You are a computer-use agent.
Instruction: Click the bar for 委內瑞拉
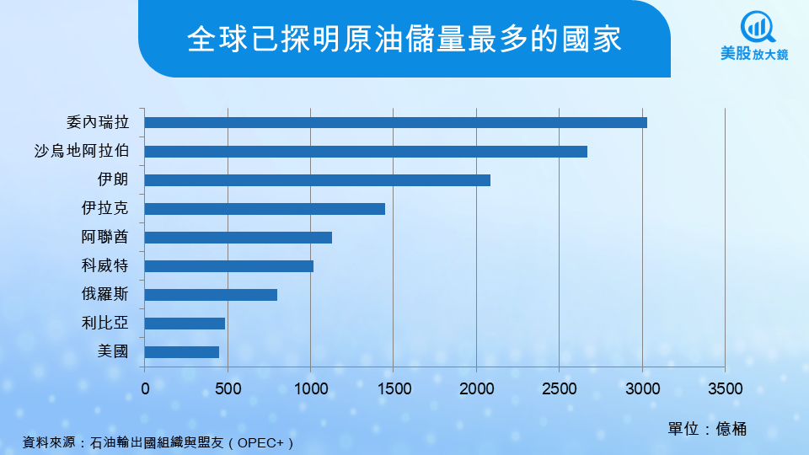pyautogui.click(x=396, y=123)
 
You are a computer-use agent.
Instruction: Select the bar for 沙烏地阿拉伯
pyautogui.click(x=366, y=152)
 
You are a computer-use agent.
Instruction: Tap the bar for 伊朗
pyautogui.click(x=318, y=180)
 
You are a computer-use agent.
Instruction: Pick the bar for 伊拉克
pyautogui.click(x=265, y=209)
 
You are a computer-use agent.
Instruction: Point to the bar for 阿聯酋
pyautogui.click(x=238, y=238)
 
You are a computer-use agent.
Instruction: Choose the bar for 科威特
pyautogui.click(x=229, y=266)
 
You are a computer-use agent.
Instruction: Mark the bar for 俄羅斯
pyautogui.click(x=211, y=295)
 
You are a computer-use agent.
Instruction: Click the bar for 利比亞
pyautogui.click(x=185, y=324)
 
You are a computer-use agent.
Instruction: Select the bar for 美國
pyautogui.click(x=182, y=352)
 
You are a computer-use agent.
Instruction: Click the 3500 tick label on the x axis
pyautogui.click(x=725, y=389)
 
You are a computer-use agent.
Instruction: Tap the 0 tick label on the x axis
pyautogui.click(x=145, y=389)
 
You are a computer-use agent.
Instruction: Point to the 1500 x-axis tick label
pyautogui.click(x=394, y=389)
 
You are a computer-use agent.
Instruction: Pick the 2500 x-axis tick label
pyautogui.click(x=560, y=389)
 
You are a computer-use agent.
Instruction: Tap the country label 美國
pyautogui.click(x=114, y=352)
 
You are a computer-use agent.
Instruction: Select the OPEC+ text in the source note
pyautogui.click(x=265, y=442)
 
